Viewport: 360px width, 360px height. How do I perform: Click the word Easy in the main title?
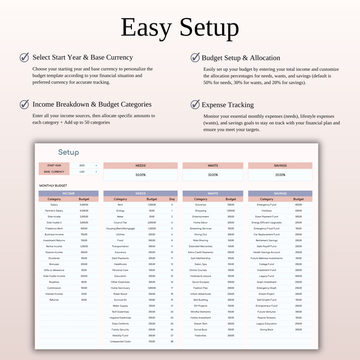point(147,28)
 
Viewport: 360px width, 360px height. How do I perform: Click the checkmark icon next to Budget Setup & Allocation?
point(196,58)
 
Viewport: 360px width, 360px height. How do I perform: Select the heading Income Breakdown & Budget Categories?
point(92,104)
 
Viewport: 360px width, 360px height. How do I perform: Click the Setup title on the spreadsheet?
point(68,152)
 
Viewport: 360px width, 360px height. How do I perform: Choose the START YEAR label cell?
point(53,165)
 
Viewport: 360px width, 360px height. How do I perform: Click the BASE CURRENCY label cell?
point(53,172)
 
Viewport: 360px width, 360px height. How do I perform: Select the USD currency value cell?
point(82,172)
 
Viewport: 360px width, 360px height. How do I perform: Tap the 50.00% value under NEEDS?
point(140,175)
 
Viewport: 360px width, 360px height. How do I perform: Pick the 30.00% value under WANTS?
point(213,175)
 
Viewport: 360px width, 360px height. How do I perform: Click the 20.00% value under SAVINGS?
point(280,175)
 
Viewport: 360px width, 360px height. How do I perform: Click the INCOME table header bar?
point(68,193)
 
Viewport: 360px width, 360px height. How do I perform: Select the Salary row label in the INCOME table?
point(55,205)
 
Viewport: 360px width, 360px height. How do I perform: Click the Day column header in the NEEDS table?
point(172,199)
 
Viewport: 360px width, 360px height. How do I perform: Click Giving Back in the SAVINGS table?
point(266,330)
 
